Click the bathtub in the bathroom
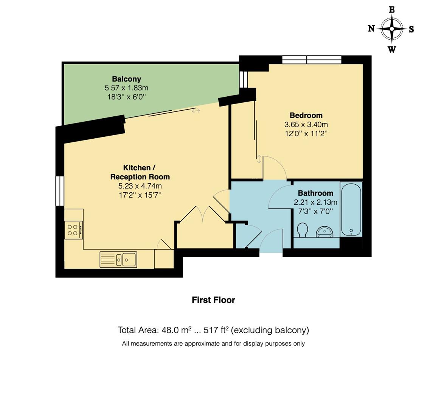point(351,210)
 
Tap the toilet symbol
point(302,229)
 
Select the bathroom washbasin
point(325,231)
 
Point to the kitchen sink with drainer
point(118,260)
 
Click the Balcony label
point(126,79)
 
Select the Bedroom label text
point(306,115)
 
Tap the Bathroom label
point(315,193)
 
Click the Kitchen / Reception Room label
point(140,172)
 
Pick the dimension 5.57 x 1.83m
point(126,88)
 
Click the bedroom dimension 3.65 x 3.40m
point(306,124)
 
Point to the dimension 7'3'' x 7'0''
point(315,211)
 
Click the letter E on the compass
point(392,10)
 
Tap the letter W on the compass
point(392,49)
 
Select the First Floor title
point(213,300)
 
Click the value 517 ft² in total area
point(216,330)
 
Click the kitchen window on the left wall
point(60,191)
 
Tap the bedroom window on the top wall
point(312,60)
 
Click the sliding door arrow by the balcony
point(196,111)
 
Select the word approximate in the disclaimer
point(201,344)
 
